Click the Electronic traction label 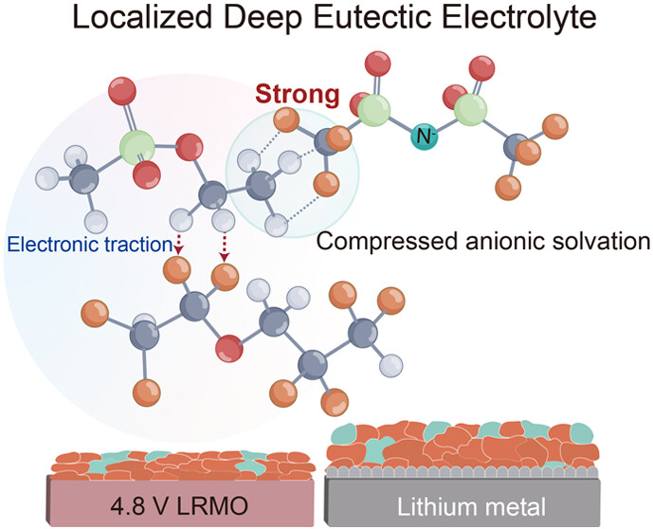click(x=87, y=246)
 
